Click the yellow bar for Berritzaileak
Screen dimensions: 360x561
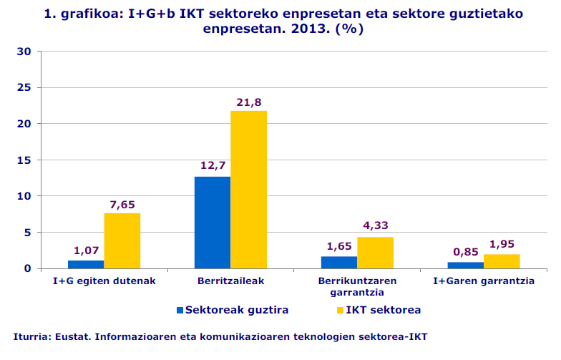(x=248, y=190)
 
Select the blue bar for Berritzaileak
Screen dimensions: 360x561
(x=213, y=223)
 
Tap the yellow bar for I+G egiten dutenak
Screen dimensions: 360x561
(x=122, y=240)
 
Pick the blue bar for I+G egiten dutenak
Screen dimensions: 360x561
(x=87, y=264)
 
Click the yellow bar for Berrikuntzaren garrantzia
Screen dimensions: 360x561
(x=375, y=253)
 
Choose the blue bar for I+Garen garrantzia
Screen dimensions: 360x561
(x=466, y=266)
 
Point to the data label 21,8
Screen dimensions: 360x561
(x=249, y=102)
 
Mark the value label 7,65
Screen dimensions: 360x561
(x=122, y=205)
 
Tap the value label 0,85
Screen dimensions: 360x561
(x=466, y=252)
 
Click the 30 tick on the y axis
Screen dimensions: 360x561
(x=23, y=52)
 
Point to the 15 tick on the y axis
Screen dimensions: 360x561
(x=23, y=160)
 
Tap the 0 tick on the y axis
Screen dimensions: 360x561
(x=27, y=268)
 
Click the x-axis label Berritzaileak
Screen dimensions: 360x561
(x=230, y=281)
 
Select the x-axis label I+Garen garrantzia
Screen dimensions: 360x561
(x=484, y=281)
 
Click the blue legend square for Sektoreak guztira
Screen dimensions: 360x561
(x=180, y=311)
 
